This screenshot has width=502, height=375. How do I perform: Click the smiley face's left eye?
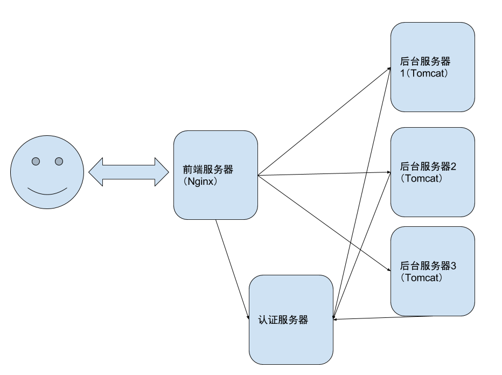[36, 161]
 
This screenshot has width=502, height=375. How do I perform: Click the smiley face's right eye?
[59, 161]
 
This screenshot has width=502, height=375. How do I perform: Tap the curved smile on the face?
[47, 191]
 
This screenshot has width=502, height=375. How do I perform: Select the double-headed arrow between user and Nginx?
[129, 172]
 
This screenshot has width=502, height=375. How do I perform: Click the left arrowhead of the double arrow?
[96, 172]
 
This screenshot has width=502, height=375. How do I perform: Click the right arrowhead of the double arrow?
[162, 172]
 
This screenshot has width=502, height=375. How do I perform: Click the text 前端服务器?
[208, 170]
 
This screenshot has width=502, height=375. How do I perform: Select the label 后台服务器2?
[428, 166]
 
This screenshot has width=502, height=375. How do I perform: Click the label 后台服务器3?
[428, 266]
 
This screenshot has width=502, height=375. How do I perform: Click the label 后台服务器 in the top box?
[425, 62]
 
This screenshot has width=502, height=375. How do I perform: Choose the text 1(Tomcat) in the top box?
[424, 74]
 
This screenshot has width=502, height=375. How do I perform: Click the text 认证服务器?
[283, 320]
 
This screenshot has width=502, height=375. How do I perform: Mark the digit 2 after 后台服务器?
[454, 166]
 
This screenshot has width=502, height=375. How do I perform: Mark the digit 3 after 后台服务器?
[454, 266]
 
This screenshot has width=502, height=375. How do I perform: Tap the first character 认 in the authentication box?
[263, 320]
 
